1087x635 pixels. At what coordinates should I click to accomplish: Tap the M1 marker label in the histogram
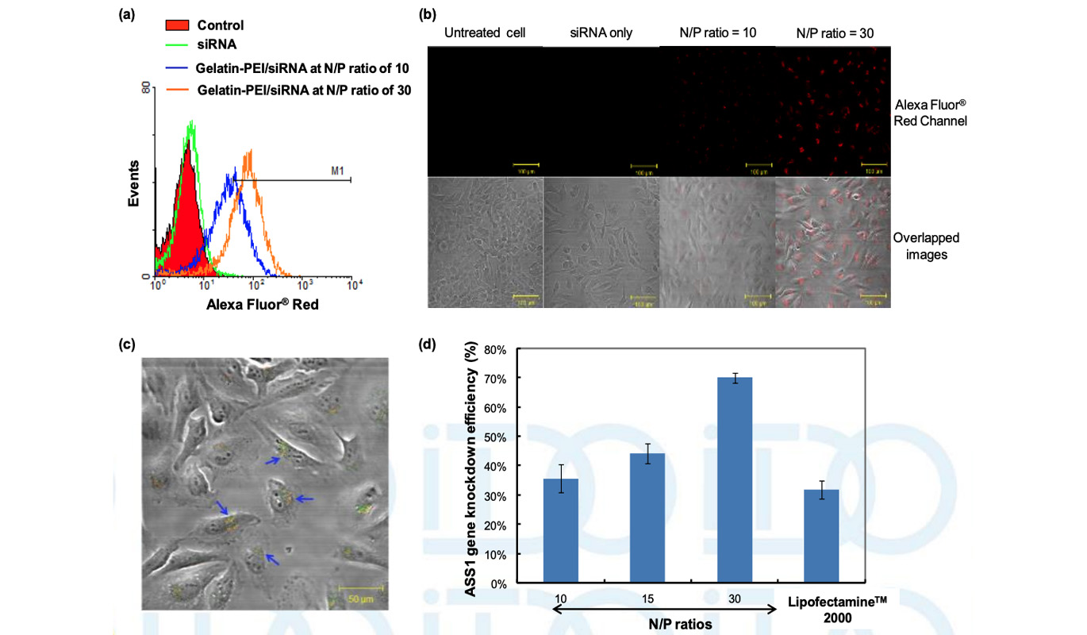pyautogui.click(x=337, y=171)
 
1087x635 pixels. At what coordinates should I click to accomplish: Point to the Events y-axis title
pyautogui.click(x=135, y=184)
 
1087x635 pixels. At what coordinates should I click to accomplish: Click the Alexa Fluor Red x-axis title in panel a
pyautogui.click(x=262, y=303)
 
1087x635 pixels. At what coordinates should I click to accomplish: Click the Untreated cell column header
pyautogui.click(x=485, y=33)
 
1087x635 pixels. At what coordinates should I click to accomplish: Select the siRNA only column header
pyautogui.click(x=601, y=33)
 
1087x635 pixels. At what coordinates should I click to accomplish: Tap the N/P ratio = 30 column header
pyautogui.click(x=832, y=33)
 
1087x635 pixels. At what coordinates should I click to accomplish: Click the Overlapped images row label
pyautogui.click(x=926, y=245)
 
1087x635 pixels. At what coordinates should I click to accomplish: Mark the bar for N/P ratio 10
pyautogui.click(x=561, y=531)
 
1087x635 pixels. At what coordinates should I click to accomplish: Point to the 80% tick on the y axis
pyautogui.click(x=490, y=349)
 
